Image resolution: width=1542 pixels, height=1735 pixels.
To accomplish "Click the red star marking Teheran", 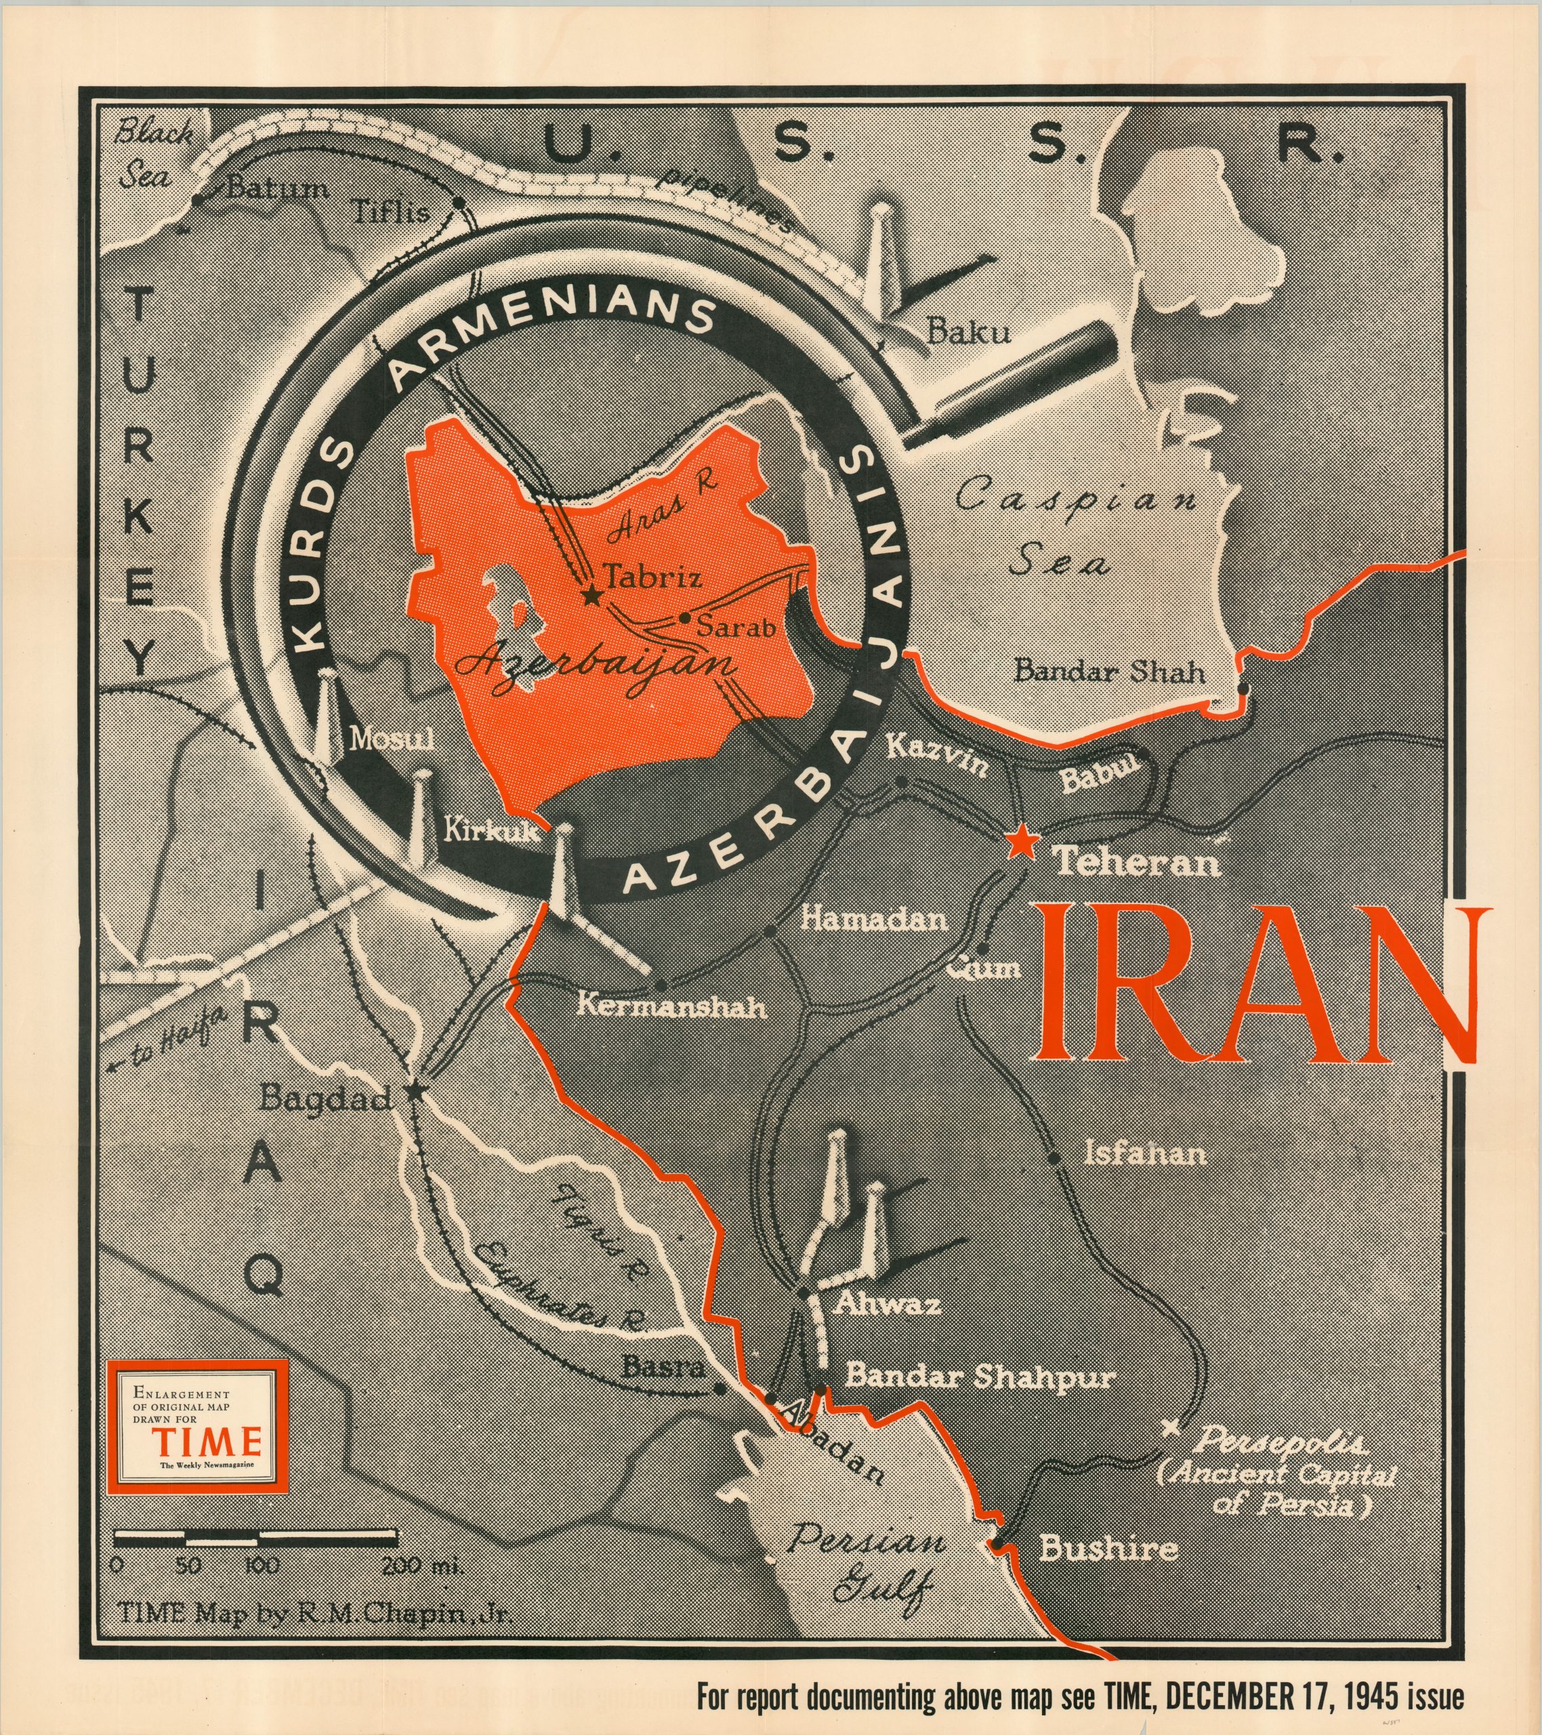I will [1022, 844].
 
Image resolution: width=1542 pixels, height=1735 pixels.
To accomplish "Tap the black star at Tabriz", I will [591, 596].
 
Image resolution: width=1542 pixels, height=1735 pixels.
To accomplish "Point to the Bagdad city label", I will [325, 1099].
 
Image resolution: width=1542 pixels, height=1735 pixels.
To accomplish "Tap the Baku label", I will [967, 331].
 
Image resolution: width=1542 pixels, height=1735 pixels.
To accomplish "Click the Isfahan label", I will [1145, 1154].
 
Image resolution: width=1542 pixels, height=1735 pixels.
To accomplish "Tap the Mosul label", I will [393, 739].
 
